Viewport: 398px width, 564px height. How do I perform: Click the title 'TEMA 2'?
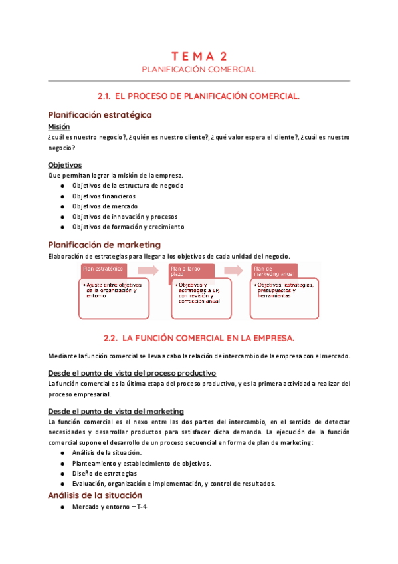pyautogui.click(x=199, y=56)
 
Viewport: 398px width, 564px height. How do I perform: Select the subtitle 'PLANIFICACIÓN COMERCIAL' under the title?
pyautogui.click(x=199, y=69)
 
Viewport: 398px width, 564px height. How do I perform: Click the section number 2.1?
pyautogui.click(x=107, y=96)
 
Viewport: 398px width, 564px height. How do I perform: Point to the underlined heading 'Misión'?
pyautogui.click(x=59, y=126)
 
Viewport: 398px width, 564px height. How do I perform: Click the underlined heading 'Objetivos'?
pyautogui.click(x=64, y=164)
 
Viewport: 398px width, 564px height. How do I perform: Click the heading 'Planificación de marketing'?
pyautogui.click(x=104, y=245)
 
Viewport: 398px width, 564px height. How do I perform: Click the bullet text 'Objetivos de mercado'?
pyautogui.click(x=105, y=206)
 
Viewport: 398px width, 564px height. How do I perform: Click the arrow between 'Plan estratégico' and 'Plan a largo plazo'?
pyautogui.click(x=148, y=269)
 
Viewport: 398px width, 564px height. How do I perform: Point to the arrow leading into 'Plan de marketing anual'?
pyautogui.click(x=234, y=269)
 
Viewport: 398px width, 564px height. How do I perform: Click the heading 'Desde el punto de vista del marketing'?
pyautogui.click(x=116, y=411)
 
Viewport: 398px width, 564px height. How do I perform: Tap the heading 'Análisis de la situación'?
pyautogui.click(x=95, y=495)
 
